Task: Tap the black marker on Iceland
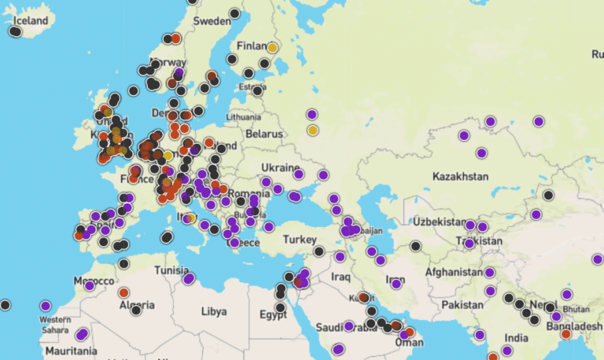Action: click(15, 31)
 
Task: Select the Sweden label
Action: click(212, 20)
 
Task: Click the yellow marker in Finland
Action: click(272, 48)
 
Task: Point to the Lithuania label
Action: click(242, 116)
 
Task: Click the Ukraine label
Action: click(279, 168)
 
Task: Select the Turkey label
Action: click(300, 239)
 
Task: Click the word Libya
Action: click(214, 310)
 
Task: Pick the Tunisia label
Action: click(171, 270)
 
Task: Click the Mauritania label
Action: click(65, 351)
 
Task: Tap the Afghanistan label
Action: click(454, 272)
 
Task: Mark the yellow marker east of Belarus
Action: click(312, 130)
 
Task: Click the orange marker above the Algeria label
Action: click(123, 292)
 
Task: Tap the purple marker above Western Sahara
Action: click(46, 306)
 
